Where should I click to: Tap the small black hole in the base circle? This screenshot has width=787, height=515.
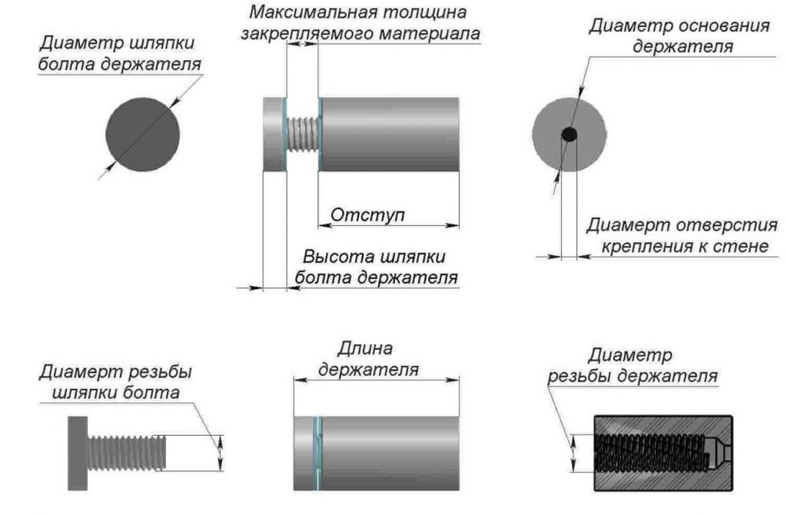569,135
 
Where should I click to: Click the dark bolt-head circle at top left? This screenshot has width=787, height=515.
144,135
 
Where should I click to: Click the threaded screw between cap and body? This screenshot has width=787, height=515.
301,135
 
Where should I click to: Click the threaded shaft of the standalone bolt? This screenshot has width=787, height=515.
128,453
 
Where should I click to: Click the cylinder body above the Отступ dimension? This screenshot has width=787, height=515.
389,135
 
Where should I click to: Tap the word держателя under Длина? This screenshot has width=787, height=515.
368,369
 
